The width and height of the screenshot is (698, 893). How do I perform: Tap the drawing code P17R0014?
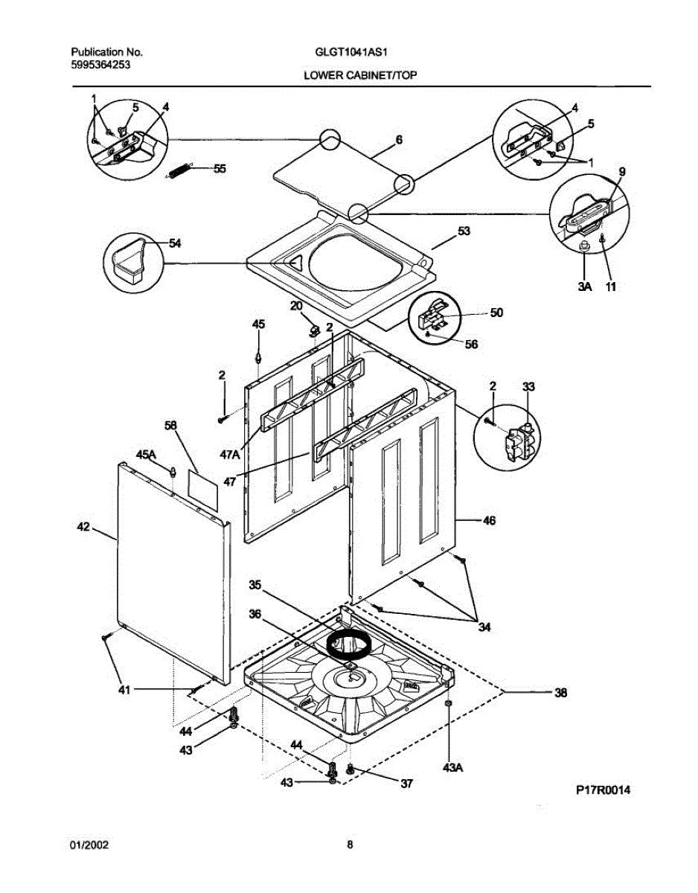point(601,790)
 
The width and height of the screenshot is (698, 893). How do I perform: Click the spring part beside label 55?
point(179,170)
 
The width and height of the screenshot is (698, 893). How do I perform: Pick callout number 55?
point(220,169)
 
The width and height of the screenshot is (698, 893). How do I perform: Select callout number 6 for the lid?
point(399,139)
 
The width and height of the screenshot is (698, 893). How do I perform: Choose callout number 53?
point(464,232)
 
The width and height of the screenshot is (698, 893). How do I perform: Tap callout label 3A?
point(583,285)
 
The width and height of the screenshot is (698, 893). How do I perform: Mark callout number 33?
point(528,386)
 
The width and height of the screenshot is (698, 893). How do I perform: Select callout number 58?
point(170,425)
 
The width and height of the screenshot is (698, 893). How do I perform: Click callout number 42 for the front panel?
point(84,527)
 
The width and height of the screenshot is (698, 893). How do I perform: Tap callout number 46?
point(489,521)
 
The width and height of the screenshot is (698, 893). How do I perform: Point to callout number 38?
point(560,692)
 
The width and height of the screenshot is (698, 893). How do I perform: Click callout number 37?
point(406,783)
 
